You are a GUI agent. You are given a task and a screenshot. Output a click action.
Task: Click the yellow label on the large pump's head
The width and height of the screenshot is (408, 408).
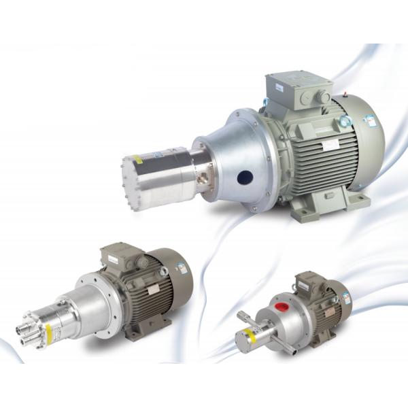tap(137, 159)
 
